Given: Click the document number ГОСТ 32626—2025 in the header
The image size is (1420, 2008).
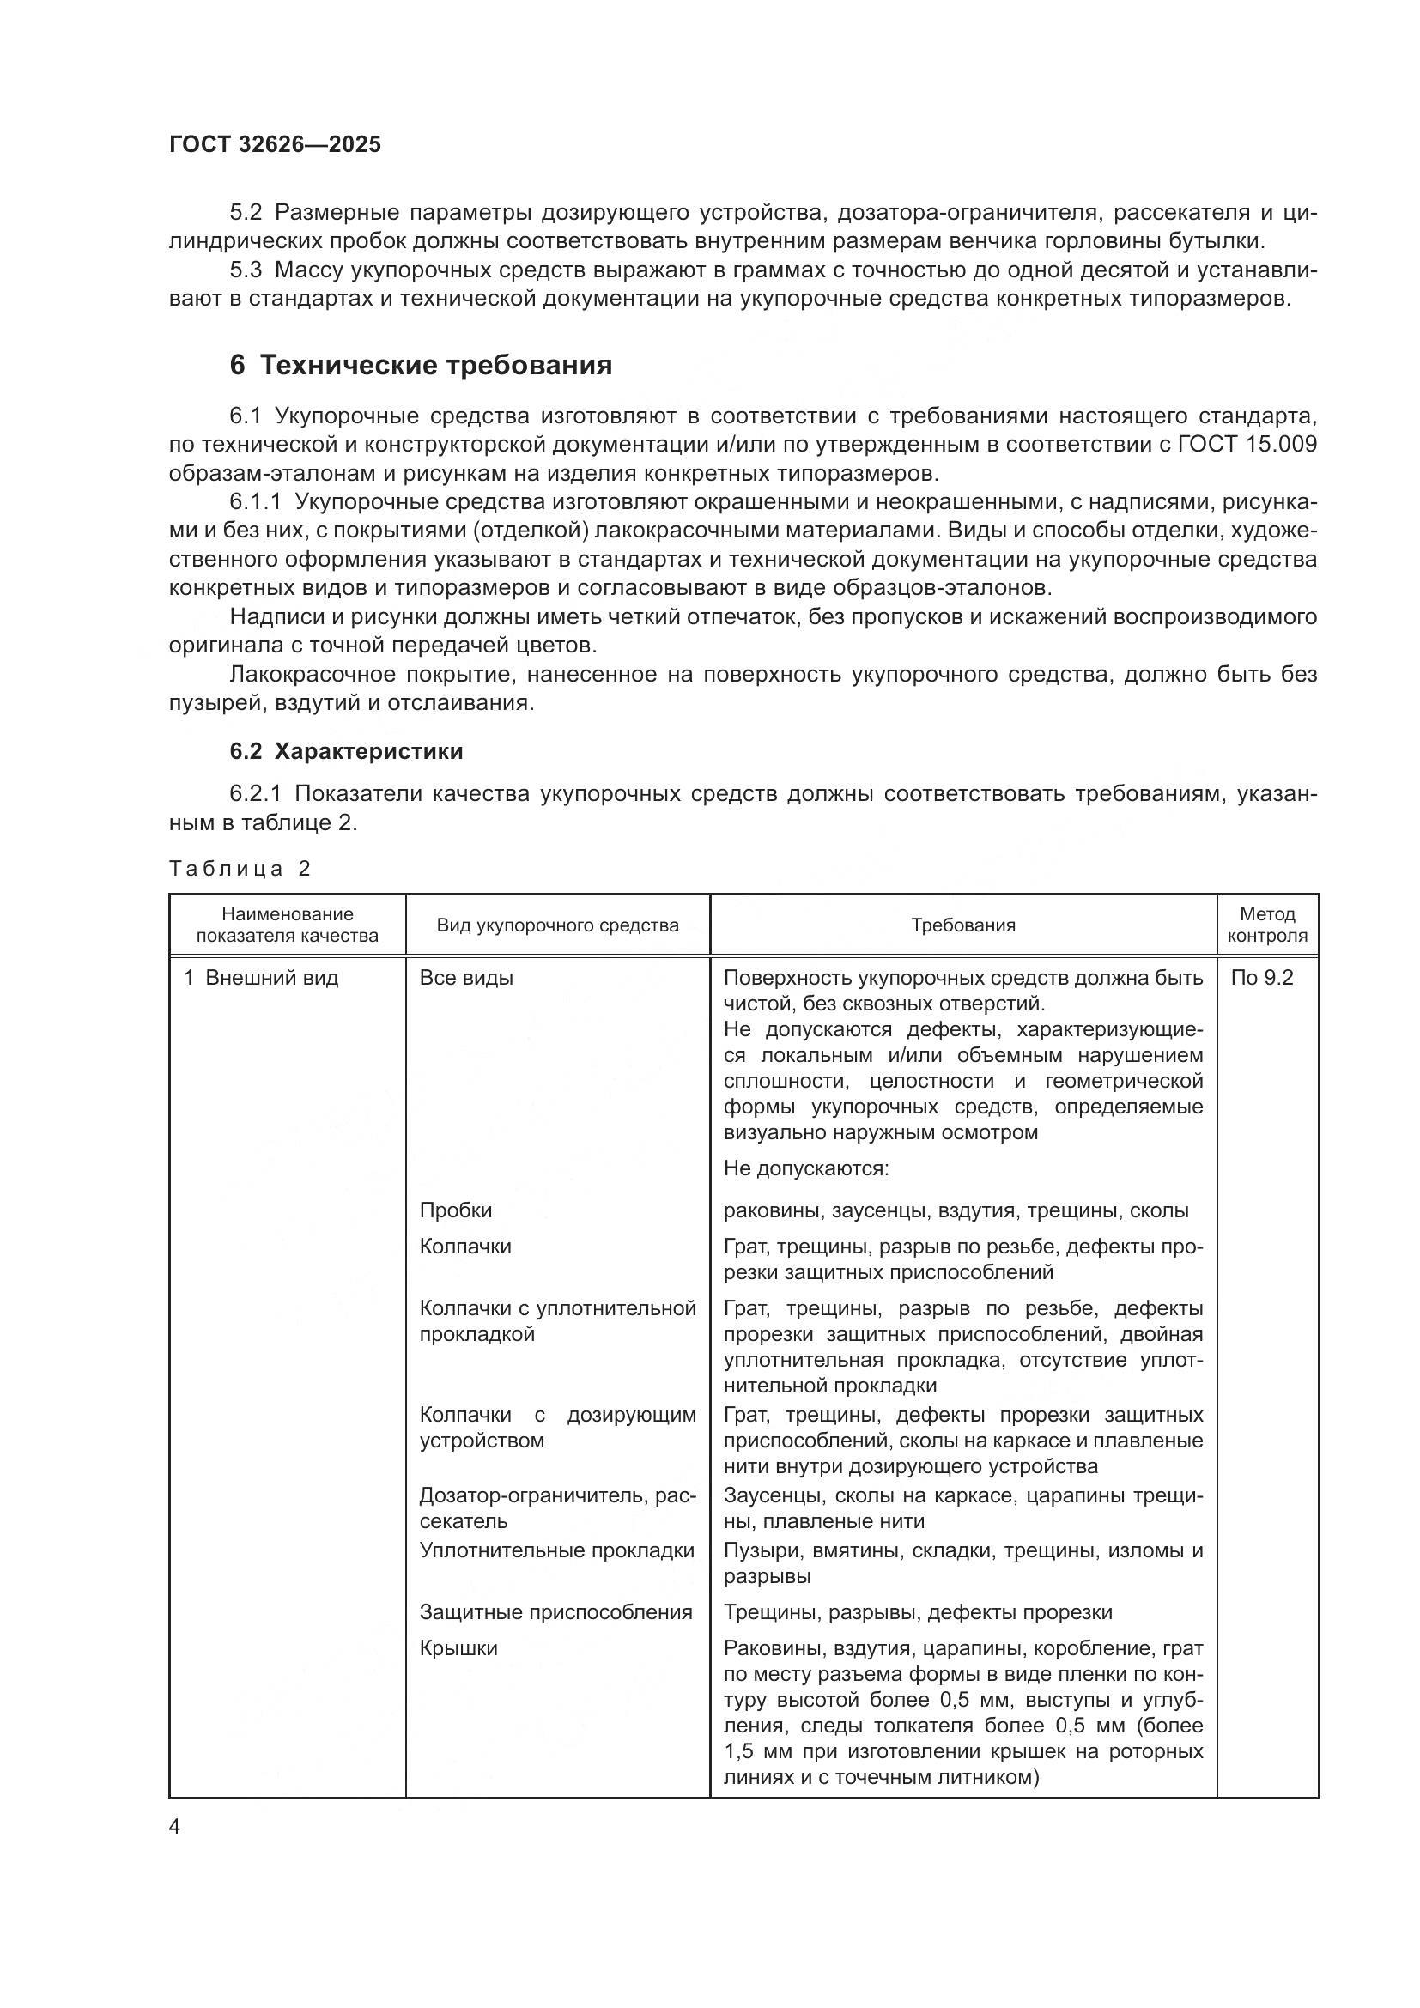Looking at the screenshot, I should [x=275, y=145].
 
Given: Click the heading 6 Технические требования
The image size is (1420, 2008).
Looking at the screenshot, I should [x=421, y=365].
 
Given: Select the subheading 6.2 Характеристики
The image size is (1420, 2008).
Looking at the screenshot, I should [x=346, y=751].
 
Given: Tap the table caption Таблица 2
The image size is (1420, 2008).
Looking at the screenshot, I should [x=240, y=869].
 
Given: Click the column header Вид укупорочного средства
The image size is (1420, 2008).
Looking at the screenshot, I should [x=557, y=925].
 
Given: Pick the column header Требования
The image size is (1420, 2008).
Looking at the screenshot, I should [x=962, y=925].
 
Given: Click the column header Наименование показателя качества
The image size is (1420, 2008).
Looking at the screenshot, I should [x=287, y=925].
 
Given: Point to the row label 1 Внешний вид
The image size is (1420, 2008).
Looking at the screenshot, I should [x=261, y=978].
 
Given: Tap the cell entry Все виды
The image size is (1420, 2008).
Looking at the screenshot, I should [x=466, y=978].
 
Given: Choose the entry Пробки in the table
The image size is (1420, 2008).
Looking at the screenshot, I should [x=456, y=1210].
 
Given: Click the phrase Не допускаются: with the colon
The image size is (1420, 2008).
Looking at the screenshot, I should [x=805, y=1168].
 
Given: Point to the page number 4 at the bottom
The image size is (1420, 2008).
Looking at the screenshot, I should [x=175, y=1828].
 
